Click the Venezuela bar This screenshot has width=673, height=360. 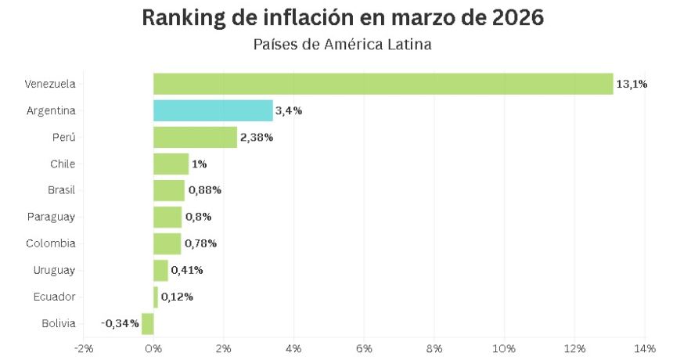tap(383, 84)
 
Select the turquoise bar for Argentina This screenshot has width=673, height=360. tap(213, 110)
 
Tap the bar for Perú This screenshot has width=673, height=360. tap(195, 137)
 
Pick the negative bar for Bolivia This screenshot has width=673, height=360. tap(148, 323)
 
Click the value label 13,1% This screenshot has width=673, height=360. tap(632, 84)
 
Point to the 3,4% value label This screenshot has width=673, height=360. tap(288, 110)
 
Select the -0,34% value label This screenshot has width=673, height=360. tap(120, 323)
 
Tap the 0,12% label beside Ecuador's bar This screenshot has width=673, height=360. tap(177, 297)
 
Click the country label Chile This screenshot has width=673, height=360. tap(62, 164)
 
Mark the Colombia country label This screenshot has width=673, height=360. tap(51, 243)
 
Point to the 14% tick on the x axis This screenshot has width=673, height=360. tap(644, 347)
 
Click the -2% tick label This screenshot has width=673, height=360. tap(83, 347)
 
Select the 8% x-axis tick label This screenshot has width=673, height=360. tap(434, 347)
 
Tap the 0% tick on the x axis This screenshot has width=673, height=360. tap(153, 347)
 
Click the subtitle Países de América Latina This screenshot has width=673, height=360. tap(342, 45)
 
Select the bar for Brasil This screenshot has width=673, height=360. tap(169, 190)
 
